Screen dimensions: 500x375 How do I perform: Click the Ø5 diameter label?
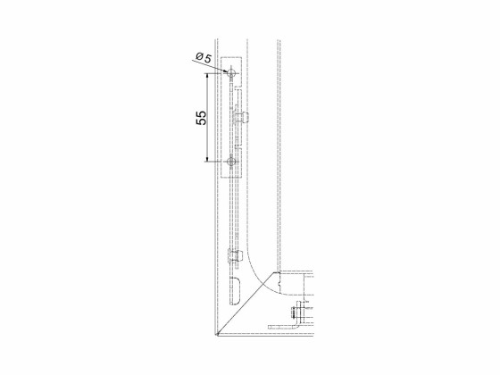pos(204,58)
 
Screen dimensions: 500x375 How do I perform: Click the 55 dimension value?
pos(201,118)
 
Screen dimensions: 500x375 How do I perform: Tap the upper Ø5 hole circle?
pos(231,73)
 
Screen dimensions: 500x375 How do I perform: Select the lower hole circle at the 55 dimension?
pos(231,162)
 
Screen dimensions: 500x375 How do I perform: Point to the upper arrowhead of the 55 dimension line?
pos(207,76)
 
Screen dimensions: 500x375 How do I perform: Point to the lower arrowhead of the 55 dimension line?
pos(207,159)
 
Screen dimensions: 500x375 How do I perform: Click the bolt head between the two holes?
pos(245,118)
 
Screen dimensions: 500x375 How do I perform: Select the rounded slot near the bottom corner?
pos(236,290)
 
